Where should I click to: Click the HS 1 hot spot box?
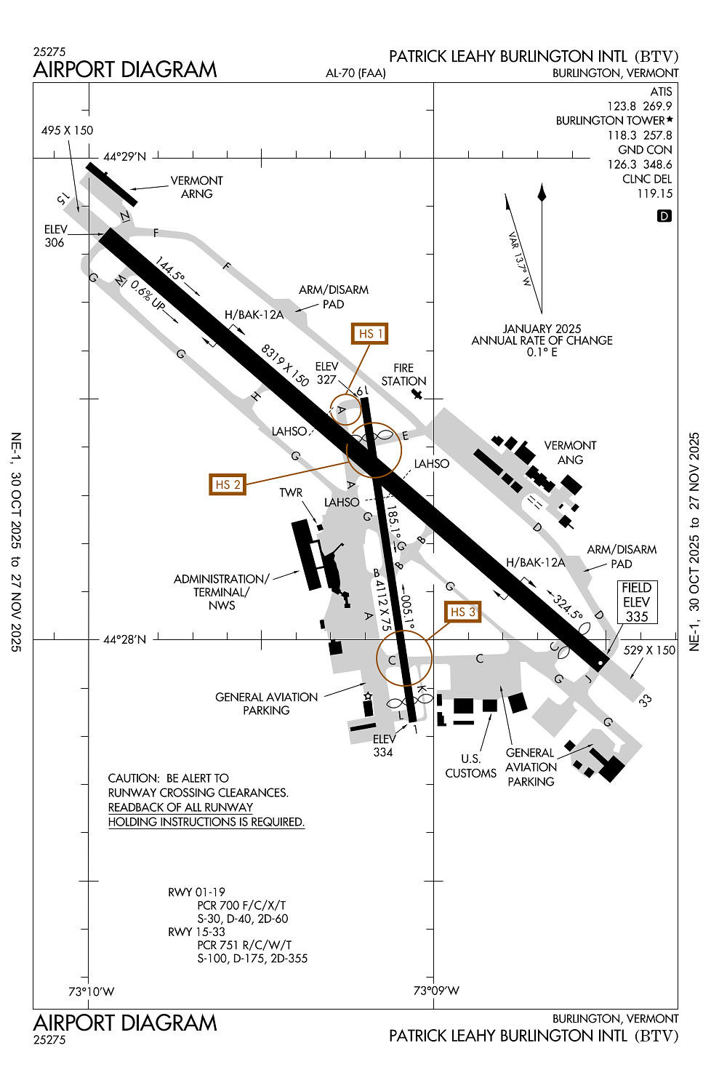click(369, 334)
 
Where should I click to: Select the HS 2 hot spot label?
click(228, 484)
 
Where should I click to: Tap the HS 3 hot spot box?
click(462, 612)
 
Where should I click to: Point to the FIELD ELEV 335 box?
click(637, 602)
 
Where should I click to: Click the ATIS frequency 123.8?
click(622, 106)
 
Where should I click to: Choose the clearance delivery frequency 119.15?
click(654, 193)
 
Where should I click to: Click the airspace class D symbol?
click(664, 216)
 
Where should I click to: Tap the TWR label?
click(291, 492)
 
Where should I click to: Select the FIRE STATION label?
click(403, 375)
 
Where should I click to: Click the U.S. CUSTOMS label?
click(470, 766)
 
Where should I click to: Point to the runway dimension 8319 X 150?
click(285, 364)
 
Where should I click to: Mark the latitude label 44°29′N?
click(124, 156)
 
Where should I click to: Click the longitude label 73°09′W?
click(436, 991)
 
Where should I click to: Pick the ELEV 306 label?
click(55, 236)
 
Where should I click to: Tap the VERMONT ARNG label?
click(196, 187)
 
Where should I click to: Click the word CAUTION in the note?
click(133, 778)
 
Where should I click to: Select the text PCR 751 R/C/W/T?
click(244, 945)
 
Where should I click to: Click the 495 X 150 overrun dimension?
click(67, 130)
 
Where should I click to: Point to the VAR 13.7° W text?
click(520, 259)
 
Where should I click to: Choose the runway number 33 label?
click(645, 700)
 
